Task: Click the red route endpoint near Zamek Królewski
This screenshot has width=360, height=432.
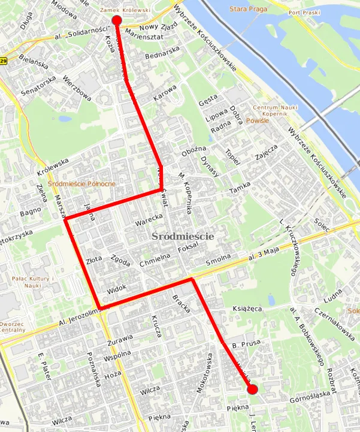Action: [x=117, y=21]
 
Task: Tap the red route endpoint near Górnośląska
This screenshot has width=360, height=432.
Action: [x=252, y=389]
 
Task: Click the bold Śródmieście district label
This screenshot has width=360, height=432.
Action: [x=183, y=237]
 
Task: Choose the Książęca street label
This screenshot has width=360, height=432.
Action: [x=247, y=309]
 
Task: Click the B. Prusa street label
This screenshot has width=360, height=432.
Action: [x=245, y=344]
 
